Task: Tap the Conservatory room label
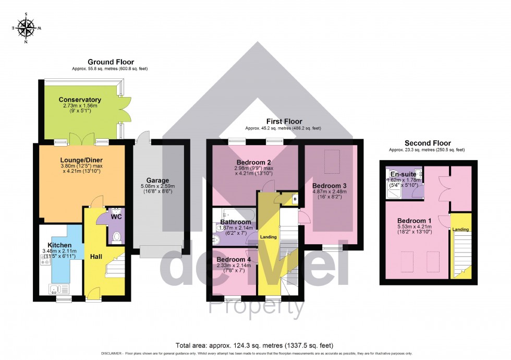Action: [80, 100]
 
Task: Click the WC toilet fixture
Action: [116, 237]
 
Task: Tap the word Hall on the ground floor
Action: [96, 256]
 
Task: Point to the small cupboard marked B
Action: [295, 199]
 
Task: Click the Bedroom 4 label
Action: [234, 259]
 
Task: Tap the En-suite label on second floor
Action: [403, 174]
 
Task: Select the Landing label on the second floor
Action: [460, 230]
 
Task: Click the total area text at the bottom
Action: [255, 345]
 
